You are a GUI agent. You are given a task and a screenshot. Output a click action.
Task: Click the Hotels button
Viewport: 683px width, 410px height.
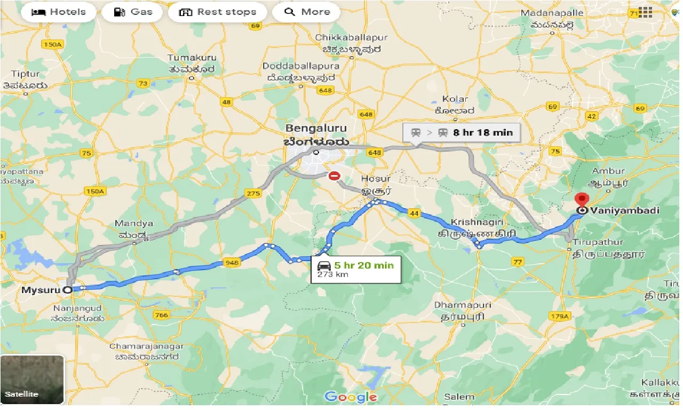tap(59, 12)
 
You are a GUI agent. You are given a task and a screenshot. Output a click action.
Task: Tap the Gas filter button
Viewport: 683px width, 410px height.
tap(133, 12)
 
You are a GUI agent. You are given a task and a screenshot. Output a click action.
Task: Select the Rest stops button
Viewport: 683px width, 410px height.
tap(217, 12)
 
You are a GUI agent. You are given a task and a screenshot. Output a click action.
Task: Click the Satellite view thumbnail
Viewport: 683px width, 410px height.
tap(32, 380)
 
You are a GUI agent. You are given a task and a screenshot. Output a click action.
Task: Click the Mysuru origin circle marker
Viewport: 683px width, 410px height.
tap(67, 290)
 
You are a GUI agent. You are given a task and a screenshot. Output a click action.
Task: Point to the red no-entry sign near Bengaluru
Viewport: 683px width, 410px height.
tap(334, 176)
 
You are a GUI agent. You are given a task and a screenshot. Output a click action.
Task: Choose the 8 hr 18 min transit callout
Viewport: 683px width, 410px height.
tap(461, 132)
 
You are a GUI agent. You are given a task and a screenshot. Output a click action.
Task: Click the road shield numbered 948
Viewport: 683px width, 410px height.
tap(232, 262)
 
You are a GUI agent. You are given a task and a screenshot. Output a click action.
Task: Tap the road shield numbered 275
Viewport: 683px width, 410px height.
tap(252, 193)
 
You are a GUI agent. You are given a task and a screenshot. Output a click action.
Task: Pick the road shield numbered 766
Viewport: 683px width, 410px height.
tap(161, 315)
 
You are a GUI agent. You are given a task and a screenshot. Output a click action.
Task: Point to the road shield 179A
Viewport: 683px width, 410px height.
tap(559, 316)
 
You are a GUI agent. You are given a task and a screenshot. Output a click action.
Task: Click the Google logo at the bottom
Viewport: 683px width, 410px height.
tap(350, 397)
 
